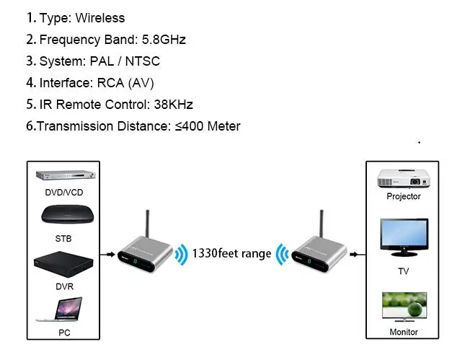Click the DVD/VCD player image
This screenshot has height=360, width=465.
(66, 175)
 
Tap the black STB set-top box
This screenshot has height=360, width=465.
(67, 214)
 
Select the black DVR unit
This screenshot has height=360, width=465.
(63, 264)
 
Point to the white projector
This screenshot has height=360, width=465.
(404, 178)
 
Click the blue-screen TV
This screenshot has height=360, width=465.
(404, 237)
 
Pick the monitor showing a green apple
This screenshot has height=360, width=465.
(404, 307)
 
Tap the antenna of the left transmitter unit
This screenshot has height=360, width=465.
(147, 224)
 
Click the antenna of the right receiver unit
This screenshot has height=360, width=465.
(322, 224)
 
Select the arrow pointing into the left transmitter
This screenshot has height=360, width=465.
(107, 255)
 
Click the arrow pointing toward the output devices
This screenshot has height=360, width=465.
(358, 255)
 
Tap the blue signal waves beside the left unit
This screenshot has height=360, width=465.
(181, 255)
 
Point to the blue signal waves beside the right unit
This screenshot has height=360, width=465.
(283, 255)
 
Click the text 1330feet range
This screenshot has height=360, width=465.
(231, 254)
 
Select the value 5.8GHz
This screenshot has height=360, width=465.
(164, 40)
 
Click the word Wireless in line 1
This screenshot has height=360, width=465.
(100, 18)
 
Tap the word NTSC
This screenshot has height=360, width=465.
(142, 61)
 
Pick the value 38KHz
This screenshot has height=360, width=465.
(174, 105)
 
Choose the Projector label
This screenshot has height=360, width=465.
(404, 196)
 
